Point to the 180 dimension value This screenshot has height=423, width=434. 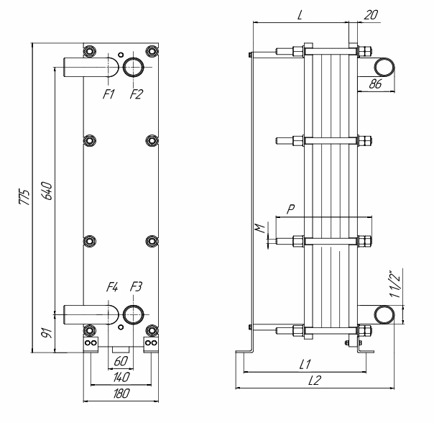coord(119,394)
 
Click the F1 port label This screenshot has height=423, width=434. coord(109,94)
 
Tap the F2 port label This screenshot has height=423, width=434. coord(136,94)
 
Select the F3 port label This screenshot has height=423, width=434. coord(136,288)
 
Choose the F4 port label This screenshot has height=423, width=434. coord(111,288)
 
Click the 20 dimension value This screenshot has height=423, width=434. coord(371,15)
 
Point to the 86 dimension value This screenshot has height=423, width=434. coord(374,84)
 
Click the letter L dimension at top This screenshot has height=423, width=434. coord(299,15)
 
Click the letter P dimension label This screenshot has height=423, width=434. coord(290,209)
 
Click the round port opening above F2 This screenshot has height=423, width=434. coord(134,67)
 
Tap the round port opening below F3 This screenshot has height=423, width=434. coord(132,314)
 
